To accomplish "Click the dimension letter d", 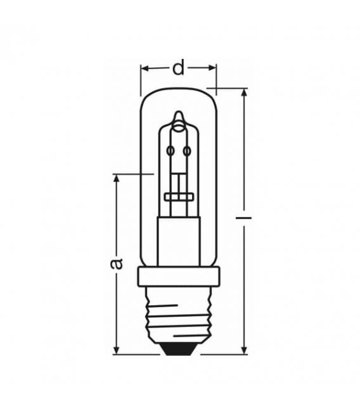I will tap(179, 66).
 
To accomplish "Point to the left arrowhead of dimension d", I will tap(144, 66).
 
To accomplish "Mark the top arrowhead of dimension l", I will tap(243, 92).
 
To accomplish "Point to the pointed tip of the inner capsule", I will tap(179, 115).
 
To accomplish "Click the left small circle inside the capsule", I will tap(170, 150).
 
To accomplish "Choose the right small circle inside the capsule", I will tap(187, 150).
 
